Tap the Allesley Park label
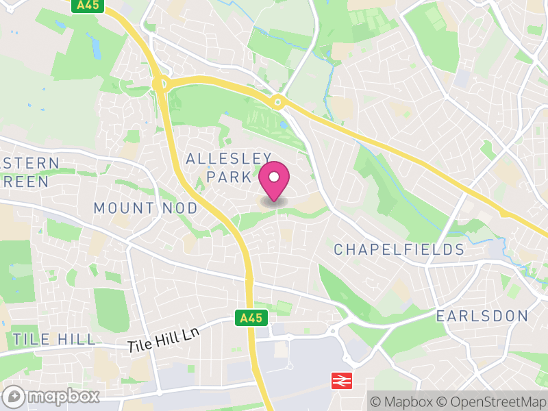coord(229,168)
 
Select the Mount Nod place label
coord(145,208)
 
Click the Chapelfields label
coord(399,249)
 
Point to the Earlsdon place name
coord(482,316)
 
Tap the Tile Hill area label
coord(54,339)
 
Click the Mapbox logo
coord(52,396)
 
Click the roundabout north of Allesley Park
coord(277,103)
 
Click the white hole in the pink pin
coord(274,177)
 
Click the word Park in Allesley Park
coord(229,177)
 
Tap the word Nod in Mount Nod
coord(180,208)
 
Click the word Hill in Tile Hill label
coord(76,339)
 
